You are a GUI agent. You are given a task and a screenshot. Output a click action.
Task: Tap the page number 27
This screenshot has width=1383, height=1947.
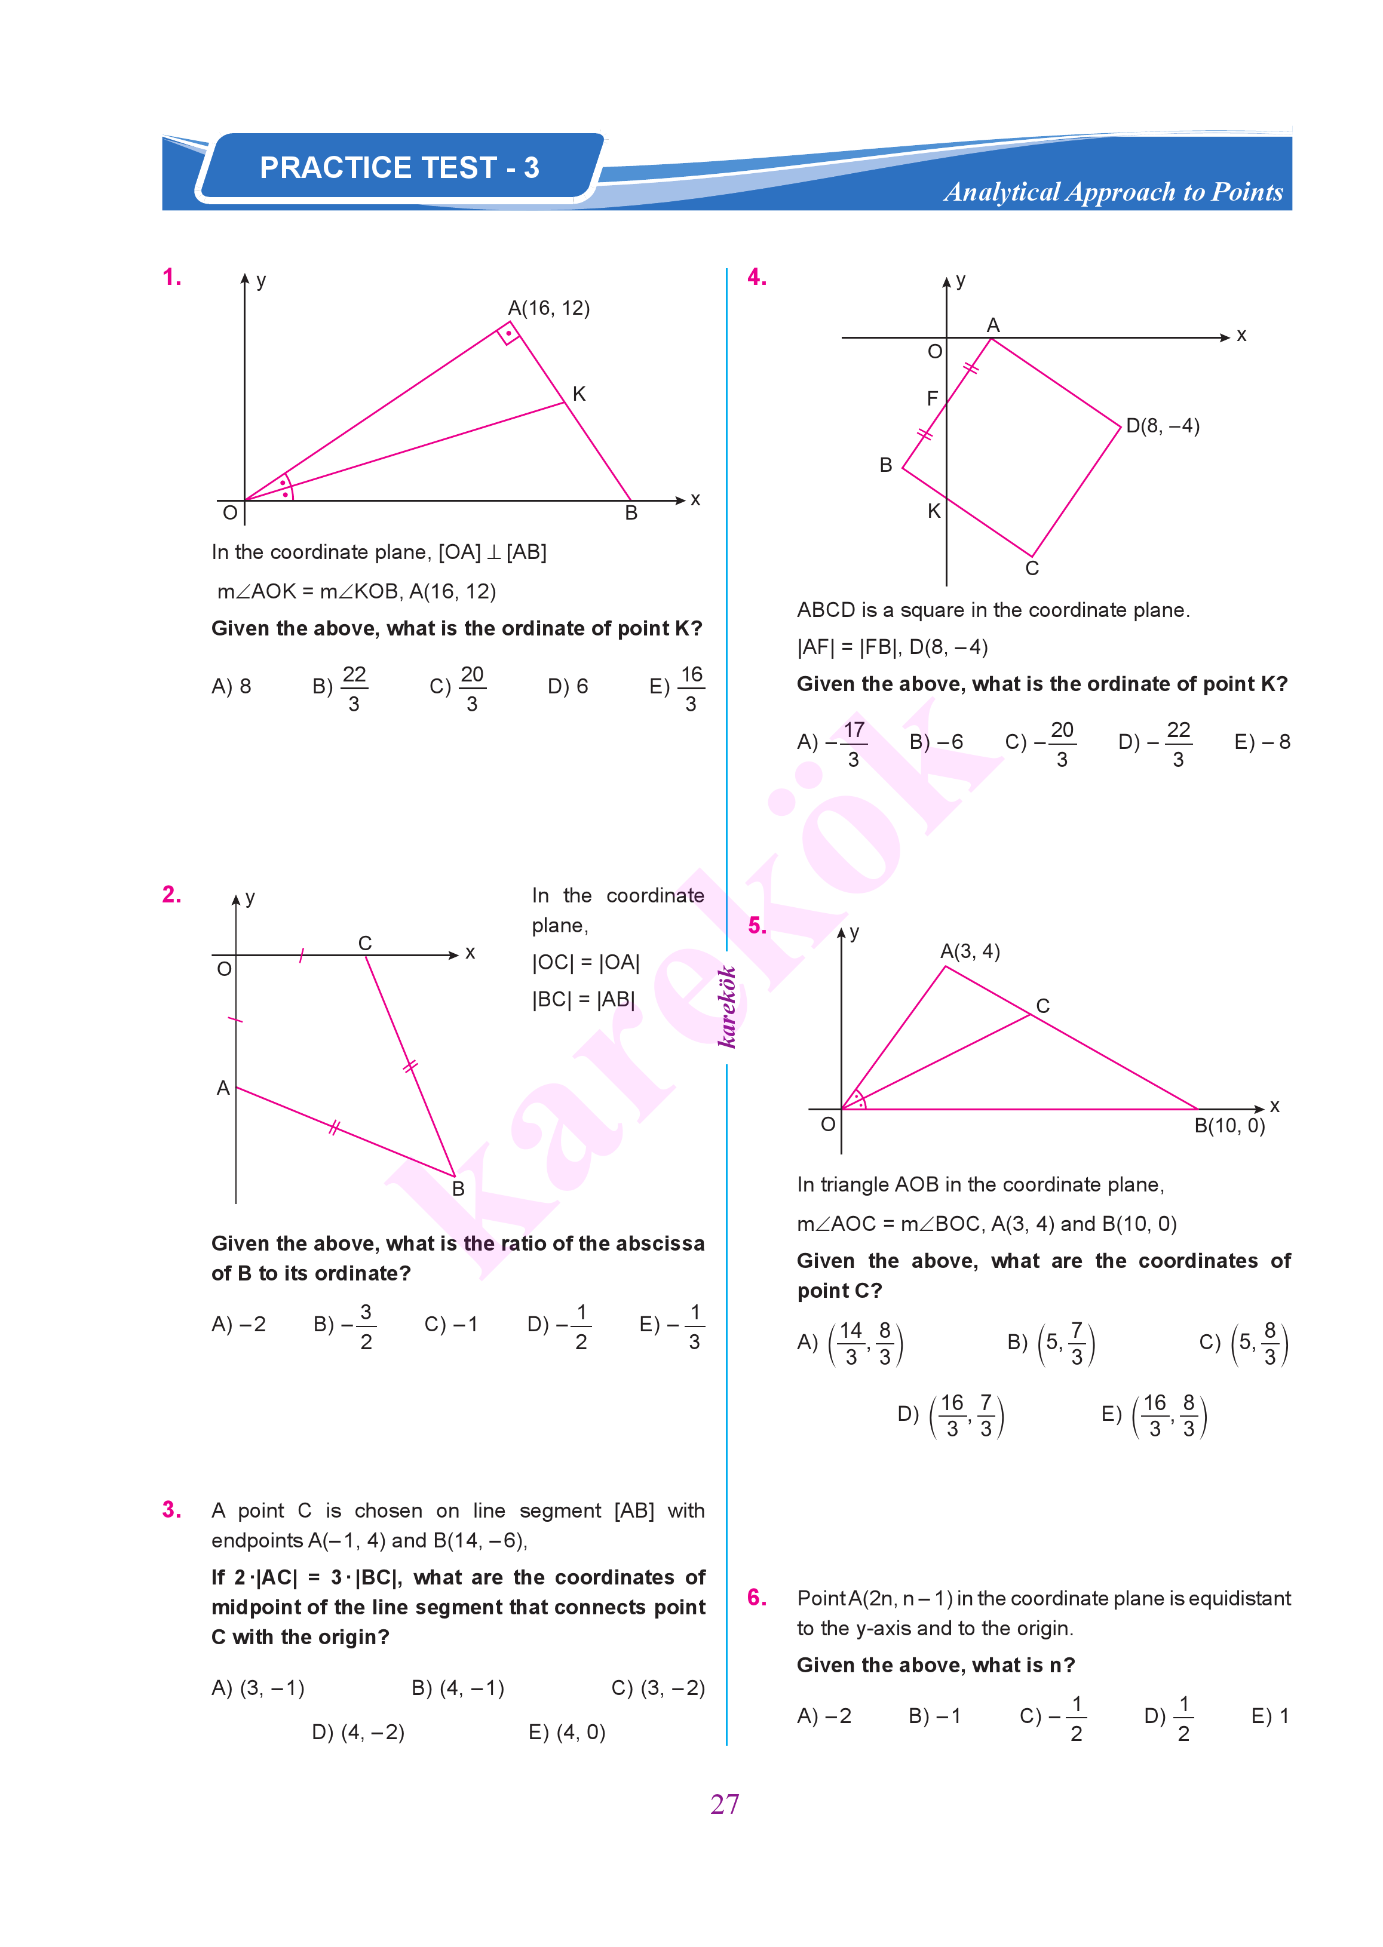(x=725, y=1803)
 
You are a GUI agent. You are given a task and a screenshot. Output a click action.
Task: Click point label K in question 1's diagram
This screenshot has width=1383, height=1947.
(x=579, y=394)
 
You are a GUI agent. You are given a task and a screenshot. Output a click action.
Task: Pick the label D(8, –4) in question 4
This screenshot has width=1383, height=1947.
(x=1163, y=426)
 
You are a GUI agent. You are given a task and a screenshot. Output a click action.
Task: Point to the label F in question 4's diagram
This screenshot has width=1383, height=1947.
(x=933, y=398)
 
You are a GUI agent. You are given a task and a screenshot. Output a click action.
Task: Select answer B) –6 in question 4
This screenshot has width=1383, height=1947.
(x=936, y=742)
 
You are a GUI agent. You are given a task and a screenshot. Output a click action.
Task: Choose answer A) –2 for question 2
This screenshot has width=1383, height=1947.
(x=238, y=1324)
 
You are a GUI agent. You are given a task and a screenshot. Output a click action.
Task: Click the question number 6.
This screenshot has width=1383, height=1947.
(x=756, y=1597)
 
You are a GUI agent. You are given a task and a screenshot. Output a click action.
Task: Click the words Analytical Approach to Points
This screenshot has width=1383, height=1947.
(x=1113, y=192)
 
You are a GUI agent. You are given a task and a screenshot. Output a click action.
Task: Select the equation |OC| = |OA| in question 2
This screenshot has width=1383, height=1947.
(x=586, y=962)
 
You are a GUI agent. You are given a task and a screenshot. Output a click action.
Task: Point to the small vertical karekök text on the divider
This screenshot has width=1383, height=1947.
(x=726, y=1006)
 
